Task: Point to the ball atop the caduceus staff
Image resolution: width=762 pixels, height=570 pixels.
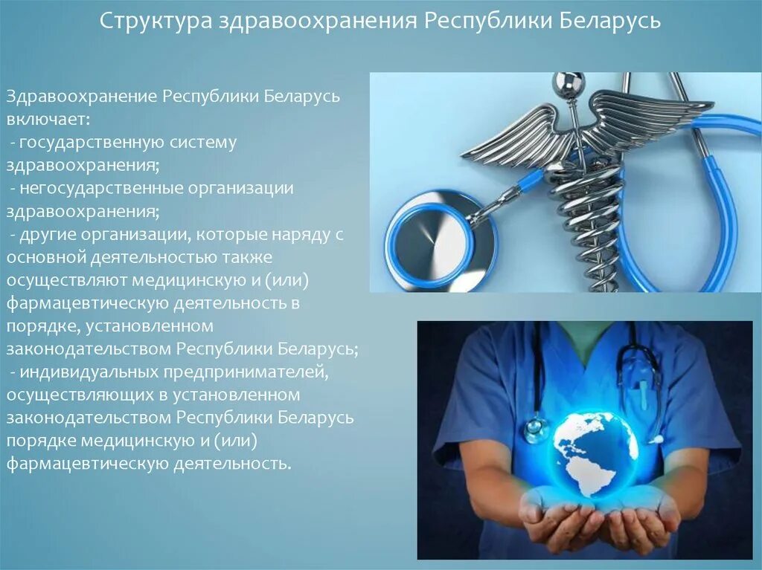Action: click(569, 82)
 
